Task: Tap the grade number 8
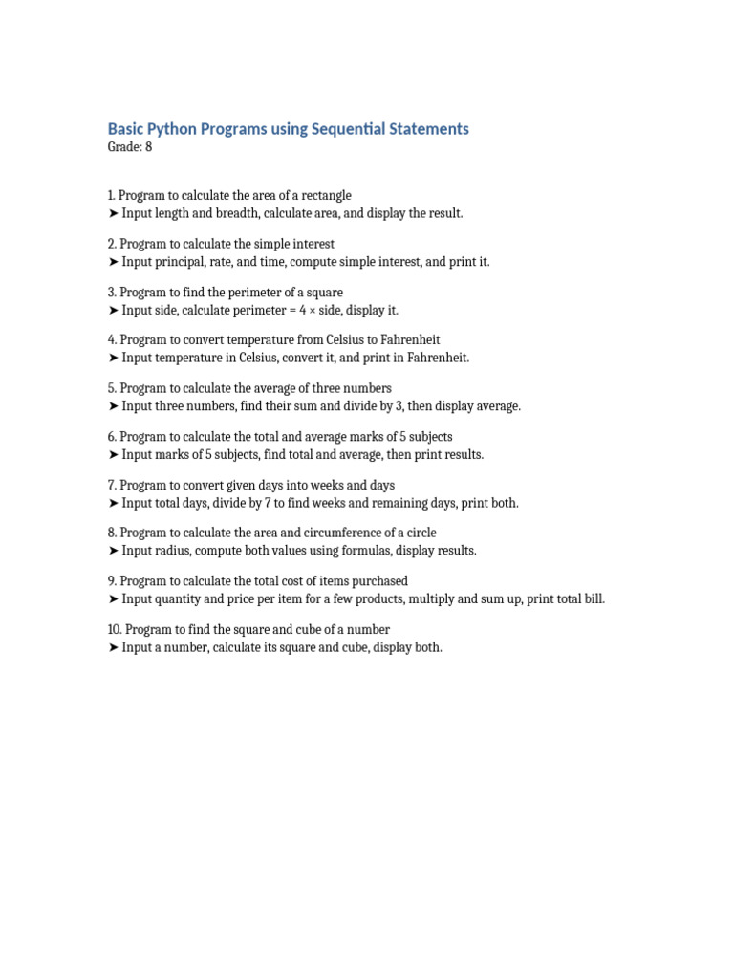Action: [148, 147]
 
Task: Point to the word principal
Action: [182, 262]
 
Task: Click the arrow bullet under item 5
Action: [114, 406]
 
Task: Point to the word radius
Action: [174, 551]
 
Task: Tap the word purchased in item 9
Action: [378, 581]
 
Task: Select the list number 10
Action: [115, 630]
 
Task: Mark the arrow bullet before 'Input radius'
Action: [114, 551]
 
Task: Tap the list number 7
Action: [112, 485]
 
